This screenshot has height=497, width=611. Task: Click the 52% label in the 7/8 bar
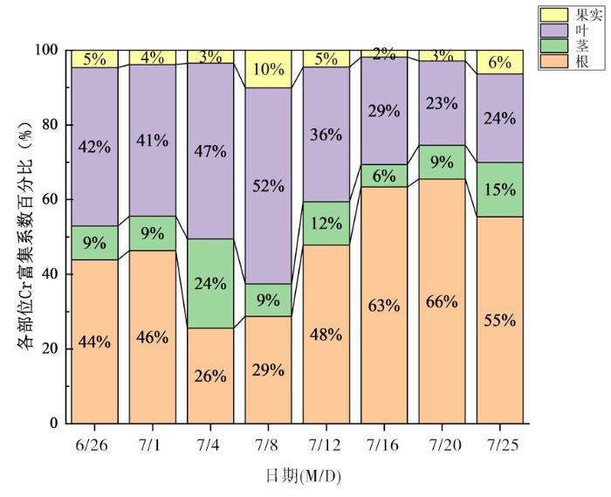tap(268, 185)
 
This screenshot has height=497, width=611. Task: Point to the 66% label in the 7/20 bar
tap(442, 301)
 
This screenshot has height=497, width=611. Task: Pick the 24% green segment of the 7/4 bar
tap(210, 283)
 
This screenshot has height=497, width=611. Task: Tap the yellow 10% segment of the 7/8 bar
tap(268, 68)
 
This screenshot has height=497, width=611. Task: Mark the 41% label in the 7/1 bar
tap(153, 140)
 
